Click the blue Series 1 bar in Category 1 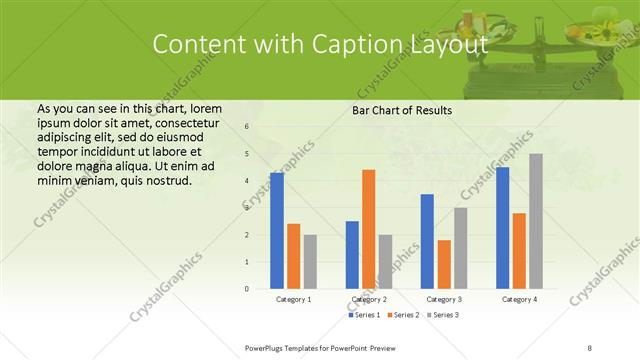pyautogui.click(x=277, y=231)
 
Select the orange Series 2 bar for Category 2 pyautogui.click(x=368, y=229)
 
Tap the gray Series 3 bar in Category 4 pyautogui.click(x=536, y=221)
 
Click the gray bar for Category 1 pyautogui.click(x=310, y=262)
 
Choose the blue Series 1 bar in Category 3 pyautogui.click(x=427, y=241)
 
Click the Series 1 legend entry pyautogui.click(x=366, y=315)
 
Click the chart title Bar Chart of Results pyautogui.click(x=402, y=110)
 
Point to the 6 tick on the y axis pyautogui.click(x=246, y=127)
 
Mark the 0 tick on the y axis pyautogui.click(x=246, y=289)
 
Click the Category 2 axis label pyautogui.click(x=369, y=299)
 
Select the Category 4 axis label pyautogui.click(x=519, y=299)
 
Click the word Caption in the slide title pyautogui.click(x=364, y=44)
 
